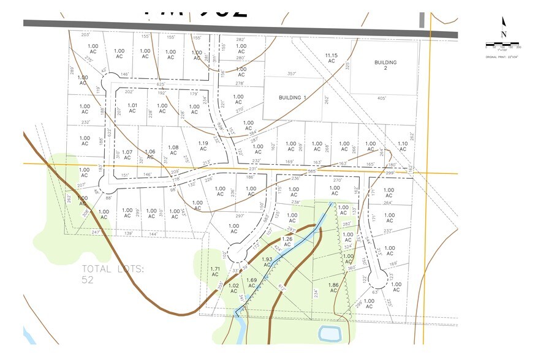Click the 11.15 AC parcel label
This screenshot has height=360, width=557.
point(332,58)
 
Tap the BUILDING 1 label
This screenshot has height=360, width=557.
point(292,97)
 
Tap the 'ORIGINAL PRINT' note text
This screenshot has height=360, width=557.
point(502,56)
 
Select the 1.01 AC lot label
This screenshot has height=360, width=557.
point(132,108)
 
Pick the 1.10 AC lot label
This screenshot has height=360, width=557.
point(403,147)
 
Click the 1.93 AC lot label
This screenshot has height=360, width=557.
point(267,262)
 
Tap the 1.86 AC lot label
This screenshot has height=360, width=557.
point(333,288)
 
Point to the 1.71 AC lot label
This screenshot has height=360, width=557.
point(215,272)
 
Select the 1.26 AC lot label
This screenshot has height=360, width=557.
point(287,242)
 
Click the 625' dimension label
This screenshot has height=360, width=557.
point(161,84)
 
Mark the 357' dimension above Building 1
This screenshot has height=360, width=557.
point(292,74)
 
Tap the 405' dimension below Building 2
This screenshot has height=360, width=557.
point(382,98)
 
